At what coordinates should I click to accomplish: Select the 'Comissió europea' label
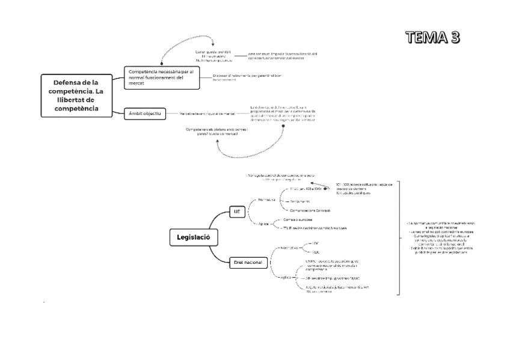coord(298,220)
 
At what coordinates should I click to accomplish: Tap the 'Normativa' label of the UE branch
coord(266,199)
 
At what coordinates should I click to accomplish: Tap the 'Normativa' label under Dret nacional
coord(289,247)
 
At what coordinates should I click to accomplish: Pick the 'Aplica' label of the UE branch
coord(263,224)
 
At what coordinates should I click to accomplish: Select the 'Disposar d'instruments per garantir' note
coord(247,76)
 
